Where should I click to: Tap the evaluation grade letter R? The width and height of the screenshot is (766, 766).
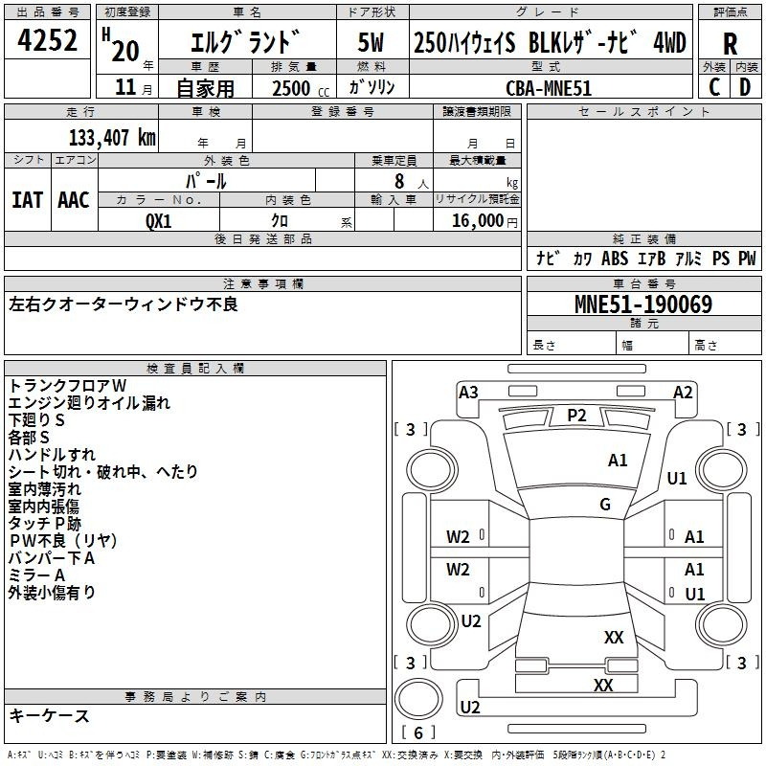click(731, 43)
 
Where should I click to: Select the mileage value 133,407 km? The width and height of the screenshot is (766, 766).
click(113, 137)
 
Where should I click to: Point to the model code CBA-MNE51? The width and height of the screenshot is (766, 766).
click(548, 87)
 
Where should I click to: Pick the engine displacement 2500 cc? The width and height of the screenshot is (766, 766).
click(291, 88)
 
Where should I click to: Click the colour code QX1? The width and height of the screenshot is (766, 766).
click(159, 219)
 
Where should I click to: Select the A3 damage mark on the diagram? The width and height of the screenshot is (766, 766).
click(468, 393)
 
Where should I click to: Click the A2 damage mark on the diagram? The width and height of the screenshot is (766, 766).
click(682, 393)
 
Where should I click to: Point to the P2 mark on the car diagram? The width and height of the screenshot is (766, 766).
click(576, 415)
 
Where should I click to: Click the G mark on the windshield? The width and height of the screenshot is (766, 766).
click(604, 505)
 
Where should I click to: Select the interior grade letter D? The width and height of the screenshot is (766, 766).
click(745, 87)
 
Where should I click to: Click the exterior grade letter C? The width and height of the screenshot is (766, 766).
click(714, 87)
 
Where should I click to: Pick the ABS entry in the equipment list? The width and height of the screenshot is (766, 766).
click(615, 259)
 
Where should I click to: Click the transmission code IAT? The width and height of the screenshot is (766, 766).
click(27, 199)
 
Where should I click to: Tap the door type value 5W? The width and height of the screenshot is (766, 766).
click(371, 43)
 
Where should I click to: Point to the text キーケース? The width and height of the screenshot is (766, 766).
click(49, 716)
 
